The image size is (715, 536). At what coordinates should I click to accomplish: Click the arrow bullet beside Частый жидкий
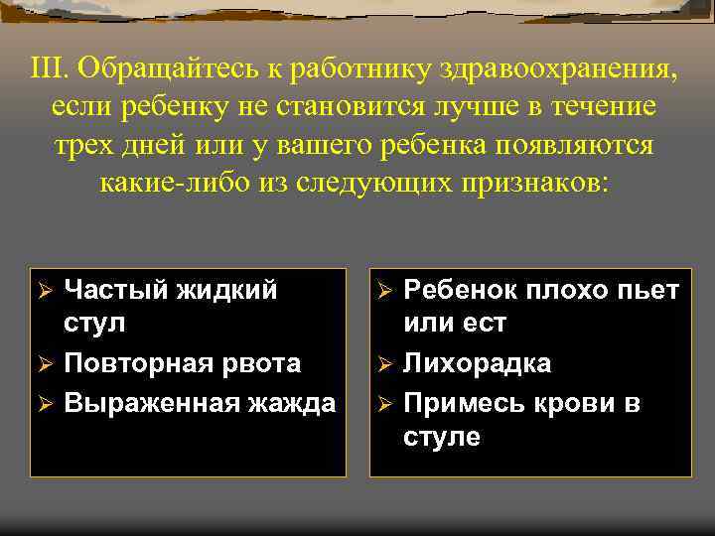point(43,292)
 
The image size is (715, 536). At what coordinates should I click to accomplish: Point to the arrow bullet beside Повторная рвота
point(43,364)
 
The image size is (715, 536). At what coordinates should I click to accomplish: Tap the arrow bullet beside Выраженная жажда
point(43,404)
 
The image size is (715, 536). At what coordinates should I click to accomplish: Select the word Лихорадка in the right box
point(477,363)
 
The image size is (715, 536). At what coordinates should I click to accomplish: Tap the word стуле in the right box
point(442,437)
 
